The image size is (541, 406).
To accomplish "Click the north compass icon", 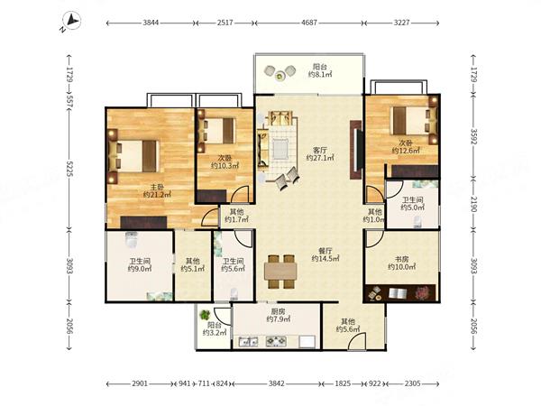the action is (71, 21).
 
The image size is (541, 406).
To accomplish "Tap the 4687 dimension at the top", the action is (308, 23).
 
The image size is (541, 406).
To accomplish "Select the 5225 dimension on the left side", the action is (69, 169).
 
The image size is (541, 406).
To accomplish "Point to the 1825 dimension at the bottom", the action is (343, 383).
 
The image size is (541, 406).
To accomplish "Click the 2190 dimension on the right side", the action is (473, 205).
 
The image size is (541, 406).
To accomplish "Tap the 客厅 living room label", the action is (320, 150).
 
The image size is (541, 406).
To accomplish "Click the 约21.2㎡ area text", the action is (157, 195).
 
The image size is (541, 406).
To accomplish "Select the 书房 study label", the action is (401, 259).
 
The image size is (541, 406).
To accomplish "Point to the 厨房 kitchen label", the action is (278, 311).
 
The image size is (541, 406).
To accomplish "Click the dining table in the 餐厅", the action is (280, 272).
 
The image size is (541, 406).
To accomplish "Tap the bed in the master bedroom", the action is (133, 156).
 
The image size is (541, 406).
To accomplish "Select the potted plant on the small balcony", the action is (206, 315).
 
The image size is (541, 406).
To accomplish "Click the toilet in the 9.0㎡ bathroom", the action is (132, 239).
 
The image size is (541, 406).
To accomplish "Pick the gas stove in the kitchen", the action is (276, 341).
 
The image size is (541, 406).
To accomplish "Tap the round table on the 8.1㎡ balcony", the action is (280, 76).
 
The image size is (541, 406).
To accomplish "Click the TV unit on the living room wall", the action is (356, 150).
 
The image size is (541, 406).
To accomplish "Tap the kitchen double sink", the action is (249, 341).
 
